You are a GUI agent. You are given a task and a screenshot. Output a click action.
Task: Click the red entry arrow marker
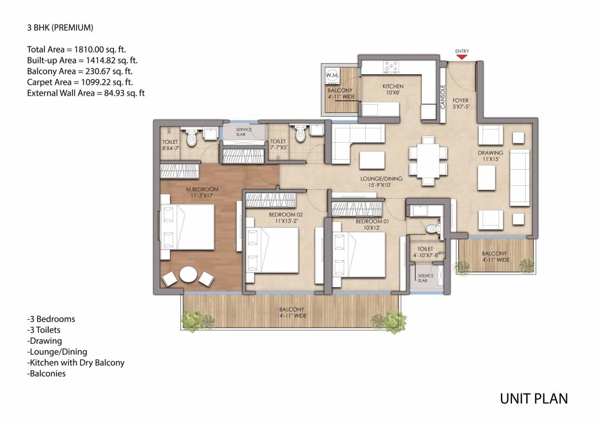point(462,57)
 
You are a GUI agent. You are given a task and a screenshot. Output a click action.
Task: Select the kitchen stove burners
point(391,66)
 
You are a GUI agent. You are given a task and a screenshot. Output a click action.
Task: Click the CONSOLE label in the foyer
point(443,97)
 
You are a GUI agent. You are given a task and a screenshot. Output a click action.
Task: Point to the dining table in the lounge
point(428,161)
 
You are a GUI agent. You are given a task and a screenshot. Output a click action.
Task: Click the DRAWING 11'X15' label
point(490,156)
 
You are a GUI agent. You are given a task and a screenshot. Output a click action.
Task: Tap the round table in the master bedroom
point(189,274)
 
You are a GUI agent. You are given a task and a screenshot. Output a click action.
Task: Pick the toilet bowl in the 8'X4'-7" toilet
point(191,138)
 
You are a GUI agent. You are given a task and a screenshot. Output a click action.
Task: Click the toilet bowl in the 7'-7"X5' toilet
point(300,134)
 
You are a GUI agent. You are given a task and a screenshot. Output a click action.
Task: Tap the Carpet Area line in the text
point(80,82)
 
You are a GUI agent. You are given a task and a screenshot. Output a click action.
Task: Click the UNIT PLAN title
point(533,399)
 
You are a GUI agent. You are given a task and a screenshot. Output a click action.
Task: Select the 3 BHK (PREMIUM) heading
point(60,28)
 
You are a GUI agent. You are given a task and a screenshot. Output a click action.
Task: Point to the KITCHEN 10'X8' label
point(393,89)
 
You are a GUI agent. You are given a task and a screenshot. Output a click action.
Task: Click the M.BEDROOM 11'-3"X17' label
point(202,192)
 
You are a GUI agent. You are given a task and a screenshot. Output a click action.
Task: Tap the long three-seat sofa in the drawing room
point(520,178)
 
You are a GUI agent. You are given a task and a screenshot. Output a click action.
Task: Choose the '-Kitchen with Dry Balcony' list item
point(76,362)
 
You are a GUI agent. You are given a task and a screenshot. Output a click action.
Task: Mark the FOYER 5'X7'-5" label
point(461,103)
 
